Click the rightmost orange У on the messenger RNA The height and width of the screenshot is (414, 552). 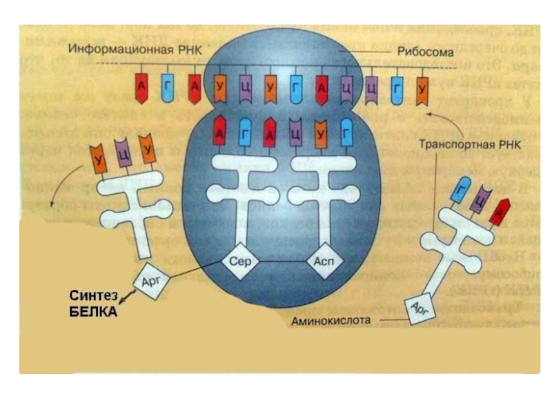423,88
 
